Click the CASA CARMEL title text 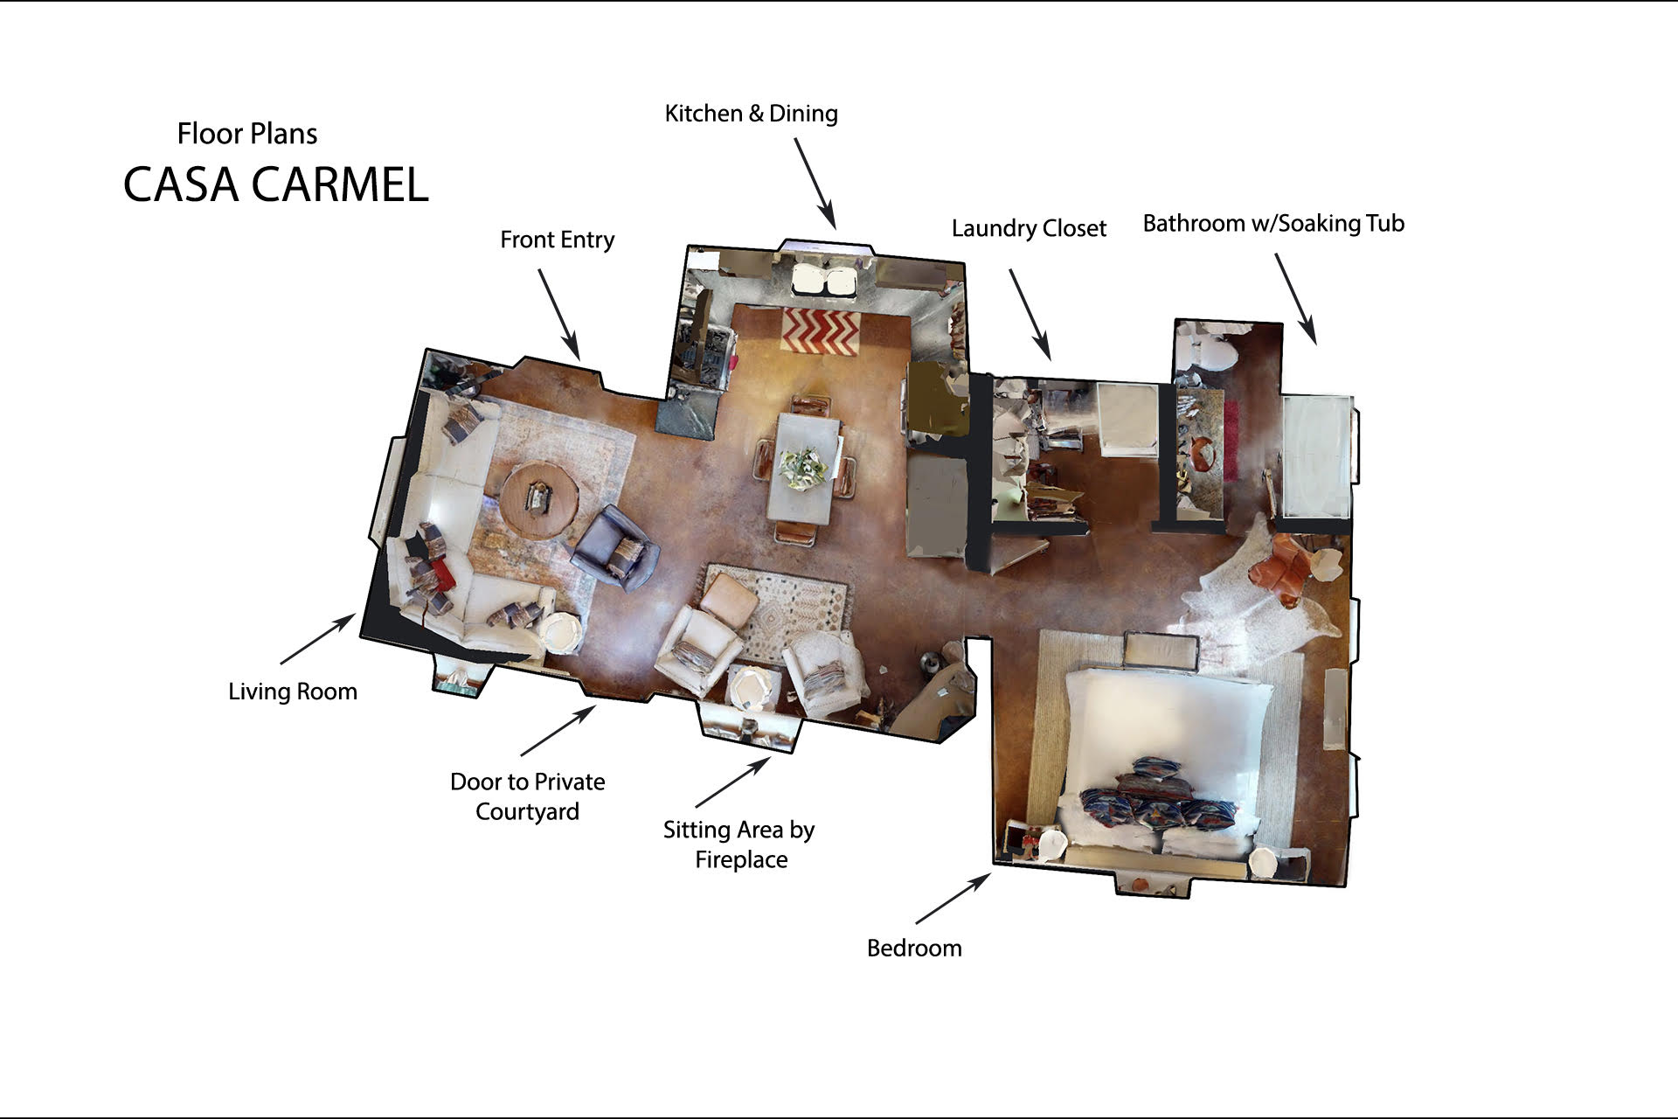[x=276, y=184]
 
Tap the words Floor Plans [x=247, y=134]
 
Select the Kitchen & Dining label [x=752, y=114]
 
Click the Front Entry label [x=558, y=240]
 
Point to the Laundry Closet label [x=1029, y=229]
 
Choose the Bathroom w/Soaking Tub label [x=1273, y=224]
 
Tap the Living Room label [x=293, y=692]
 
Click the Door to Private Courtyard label [x=528, y=796]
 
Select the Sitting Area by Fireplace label [x=739, y=844]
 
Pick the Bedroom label [x=914, y=949]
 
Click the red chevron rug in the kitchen [x=820, y=331]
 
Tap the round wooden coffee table [x=540, y=500]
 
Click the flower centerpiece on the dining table [x=804, y=469]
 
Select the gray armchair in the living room [x=614, y=549]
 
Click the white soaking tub [x=1316, y=457]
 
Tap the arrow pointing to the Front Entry [x=558, y=314]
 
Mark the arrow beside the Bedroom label [x=953, y=898]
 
